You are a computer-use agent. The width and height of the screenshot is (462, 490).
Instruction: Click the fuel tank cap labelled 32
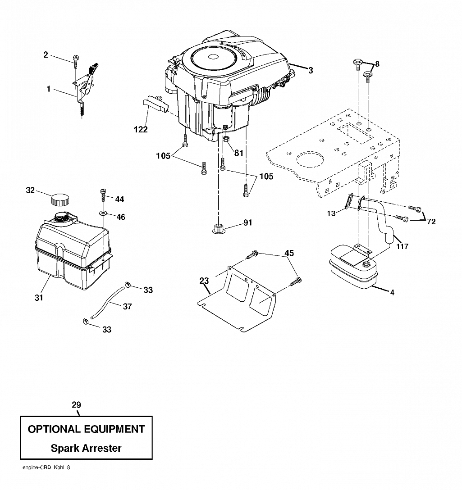60,200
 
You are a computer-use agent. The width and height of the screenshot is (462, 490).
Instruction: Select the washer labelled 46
103,213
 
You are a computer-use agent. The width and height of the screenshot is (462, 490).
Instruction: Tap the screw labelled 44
103,195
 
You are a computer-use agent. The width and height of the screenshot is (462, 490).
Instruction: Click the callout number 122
141,129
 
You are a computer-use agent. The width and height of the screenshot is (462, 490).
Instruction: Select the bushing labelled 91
218,229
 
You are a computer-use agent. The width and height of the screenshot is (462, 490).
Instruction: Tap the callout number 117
402,246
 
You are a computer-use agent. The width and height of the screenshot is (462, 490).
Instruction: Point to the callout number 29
76,405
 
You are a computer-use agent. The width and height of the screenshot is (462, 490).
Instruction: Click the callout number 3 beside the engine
310,71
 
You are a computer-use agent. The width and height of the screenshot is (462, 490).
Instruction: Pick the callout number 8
377,64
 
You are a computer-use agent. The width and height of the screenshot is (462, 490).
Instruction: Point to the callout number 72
431,222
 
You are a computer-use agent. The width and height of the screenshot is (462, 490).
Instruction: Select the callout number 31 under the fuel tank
39,298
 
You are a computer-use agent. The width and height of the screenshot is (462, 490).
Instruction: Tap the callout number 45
289,253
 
